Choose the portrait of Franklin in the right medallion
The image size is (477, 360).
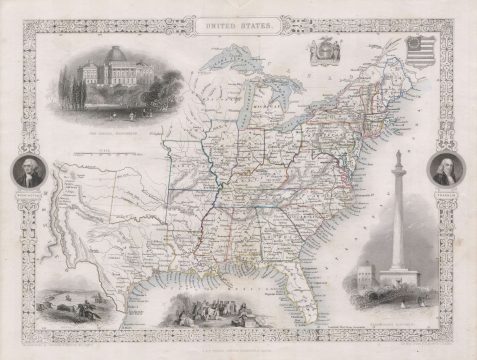pyautogui.click(x=445, y=169)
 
